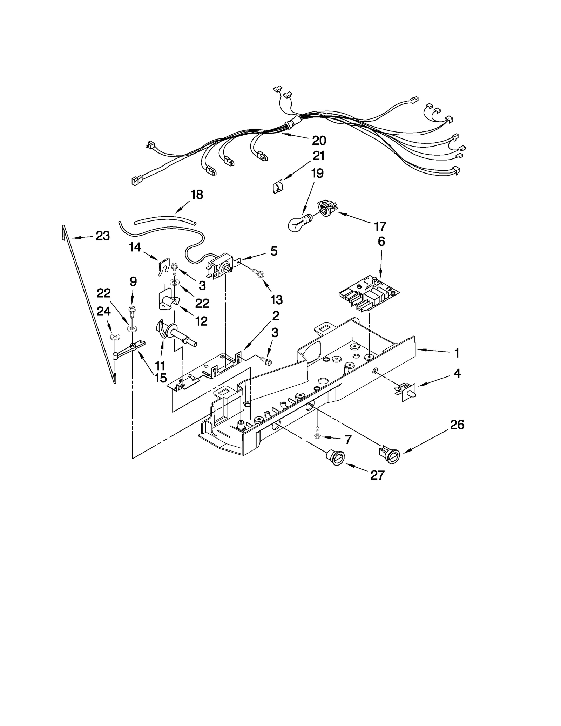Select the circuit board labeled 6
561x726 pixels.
[370, 292]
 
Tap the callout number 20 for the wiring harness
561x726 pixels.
[319, 141]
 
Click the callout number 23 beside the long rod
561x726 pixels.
[103, 236]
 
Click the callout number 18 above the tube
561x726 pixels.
[197, 195]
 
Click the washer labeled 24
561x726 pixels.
[114, 337]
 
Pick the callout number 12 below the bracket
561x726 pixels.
[201, 321]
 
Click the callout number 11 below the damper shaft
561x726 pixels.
[160, 366]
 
